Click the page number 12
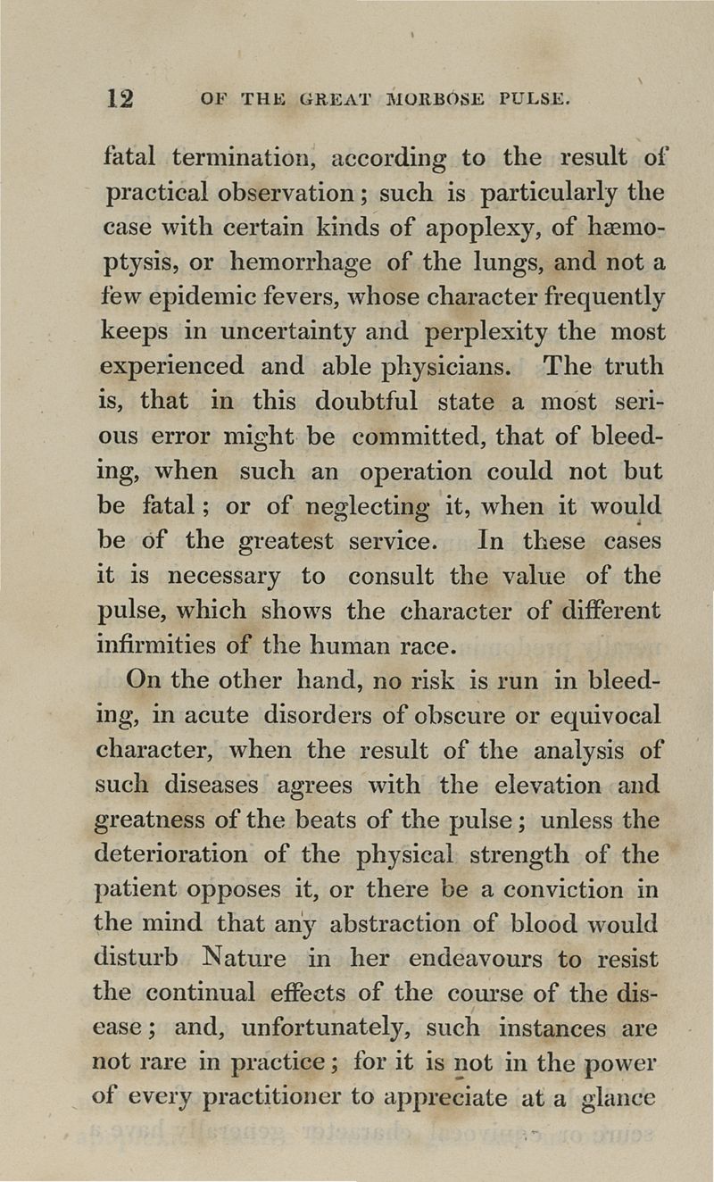[120, 97]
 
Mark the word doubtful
[358, 402]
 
